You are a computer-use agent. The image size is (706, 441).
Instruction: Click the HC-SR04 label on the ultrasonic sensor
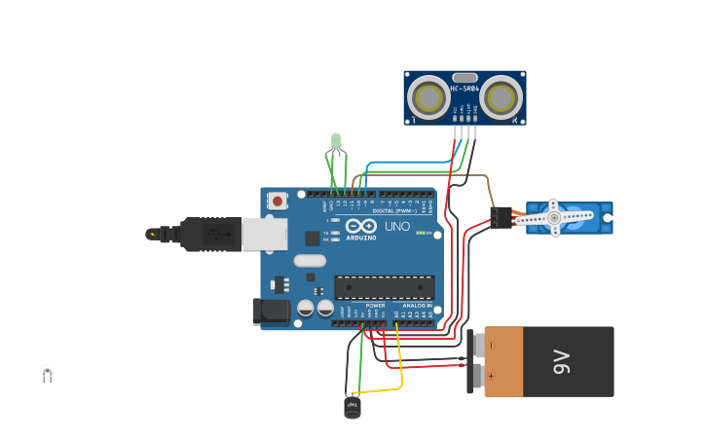(x=464, y=89)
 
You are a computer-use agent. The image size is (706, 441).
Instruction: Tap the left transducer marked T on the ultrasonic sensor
(x=428, y=98)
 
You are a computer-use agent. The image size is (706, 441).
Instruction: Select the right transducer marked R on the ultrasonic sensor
(x=501, y=98)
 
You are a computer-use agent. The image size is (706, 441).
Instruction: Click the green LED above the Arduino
(x=336, y=141)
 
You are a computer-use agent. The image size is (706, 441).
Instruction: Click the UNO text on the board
(x=397, y=226)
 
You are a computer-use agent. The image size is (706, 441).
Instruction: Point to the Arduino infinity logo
(x=361, y=227)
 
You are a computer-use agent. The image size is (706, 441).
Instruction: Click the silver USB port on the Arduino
(x=264, y=234)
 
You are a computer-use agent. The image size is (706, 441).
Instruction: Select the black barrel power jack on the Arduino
(x=272, y=311)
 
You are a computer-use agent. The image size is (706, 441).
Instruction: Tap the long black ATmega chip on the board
(x=384, y=287)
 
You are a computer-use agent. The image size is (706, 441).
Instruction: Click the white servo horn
(x=554, y=218)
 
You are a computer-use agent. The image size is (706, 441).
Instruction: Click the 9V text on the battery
(x=562, y=361)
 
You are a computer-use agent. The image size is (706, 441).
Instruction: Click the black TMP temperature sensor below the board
(x=353, y=406)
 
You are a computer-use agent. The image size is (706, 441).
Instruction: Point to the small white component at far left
(x=47, y=371)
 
